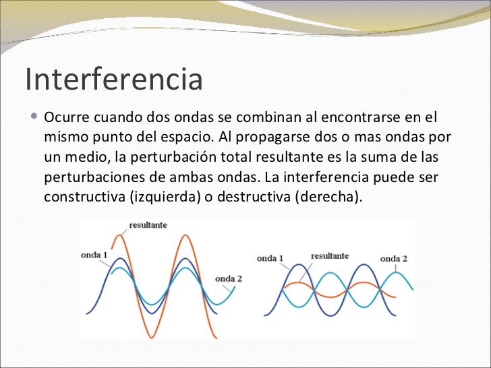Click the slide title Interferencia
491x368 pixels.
(114, 78)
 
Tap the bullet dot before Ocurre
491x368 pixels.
(35, 116)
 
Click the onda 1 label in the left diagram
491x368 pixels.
(94, 255)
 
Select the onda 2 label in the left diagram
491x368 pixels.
(229, 278)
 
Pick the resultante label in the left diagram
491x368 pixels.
(148, 224)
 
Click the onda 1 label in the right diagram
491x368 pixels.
(270, 259)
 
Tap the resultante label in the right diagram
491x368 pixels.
(330, 256)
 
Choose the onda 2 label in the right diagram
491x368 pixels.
(394, 259)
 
